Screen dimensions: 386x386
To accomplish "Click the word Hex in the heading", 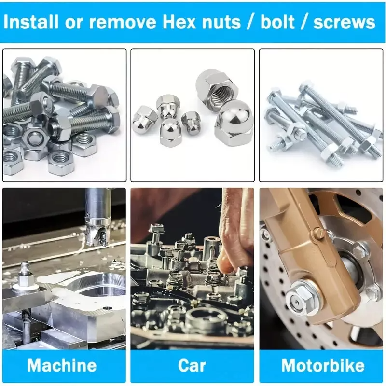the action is point(179,22).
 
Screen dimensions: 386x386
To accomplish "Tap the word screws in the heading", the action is point(344,22).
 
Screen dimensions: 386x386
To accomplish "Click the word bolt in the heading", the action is point(277,22).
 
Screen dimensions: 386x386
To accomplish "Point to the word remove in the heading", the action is point(123,23).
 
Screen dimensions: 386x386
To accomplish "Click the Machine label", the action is point(62,365).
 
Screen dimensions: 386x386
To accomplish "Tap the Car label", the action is point(192,366).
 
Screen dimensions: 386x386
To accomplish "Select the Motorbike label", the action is point(323,365).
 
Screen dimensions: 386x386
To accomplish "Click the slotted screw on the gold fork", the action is point(318,233).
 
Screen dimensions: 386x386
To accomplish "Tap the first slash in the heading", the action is point(250,22).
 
